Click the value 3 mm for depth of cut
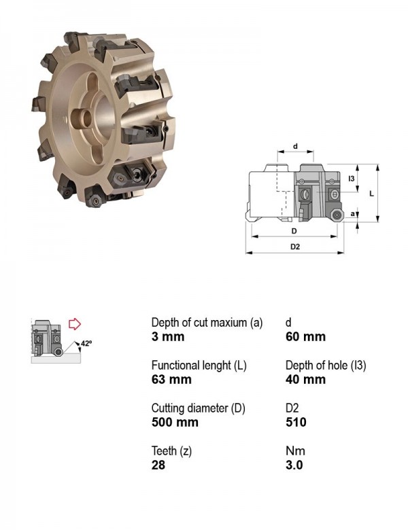pyautogui.click(x=168, y=336)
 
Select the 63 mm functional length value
pyautogui.click(x=171, y=379)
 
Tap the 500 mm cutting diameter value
pyautogui.click(x=175, y=422)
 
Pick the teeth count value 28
pyautogui.click(x=158, y=465)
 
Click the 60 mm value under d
pyautogui.click(x=305, y=336)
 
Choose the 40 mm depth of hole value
pyautogui.click(x=305, y=379)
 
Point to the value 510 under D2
pyautogui.click(x=296, y=422)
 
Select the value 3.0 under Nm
pyautogui.click(x=294, y=465)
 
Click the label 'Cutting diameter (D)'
pyautogui.click(x=199, y=408)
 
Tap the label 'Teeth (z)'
pyautogui.click(x=171, y=451)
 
